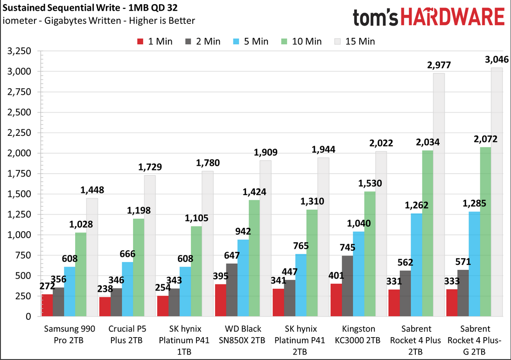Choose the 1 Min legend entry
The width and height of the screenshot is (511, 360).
[x=154, y=42]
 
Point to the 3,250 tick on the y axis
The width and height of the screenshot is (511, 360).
[x=19, y=51]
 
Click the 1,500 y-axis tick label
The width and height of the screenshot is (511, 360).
[x=19, y=194]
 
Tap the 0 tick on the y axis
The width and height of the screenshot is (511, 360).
[x=28, y=316]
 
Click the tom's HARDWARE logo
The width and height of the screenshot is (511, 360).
[x=428, y=18]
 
